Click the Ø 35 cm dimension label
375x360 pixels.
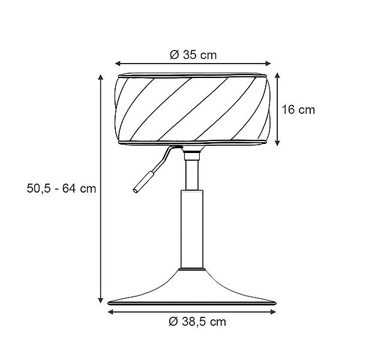(193, 55)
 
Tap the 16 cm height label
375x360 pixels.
(298, 110)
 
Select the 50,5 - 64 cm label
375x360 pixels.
(61, 188)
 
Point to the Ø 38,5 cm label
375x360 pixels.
(197, 322)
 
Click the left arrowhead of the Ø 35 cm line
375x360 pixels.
(118, 63)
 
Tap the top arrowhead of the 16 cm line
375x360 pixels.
(278, 76)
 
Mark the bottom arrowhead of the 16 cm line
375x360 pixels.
(278, 143)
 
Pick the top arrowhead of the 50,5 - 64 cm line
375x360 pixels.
(100, 77)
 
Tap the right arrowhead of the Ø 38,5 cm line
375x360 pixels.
(276, 311)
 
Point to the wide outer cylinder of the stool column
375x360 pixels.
(192, 231)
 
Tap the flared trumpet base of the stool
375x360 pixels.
(192, 291)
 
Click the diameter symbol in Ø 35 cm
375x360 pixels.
(173, 55)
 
